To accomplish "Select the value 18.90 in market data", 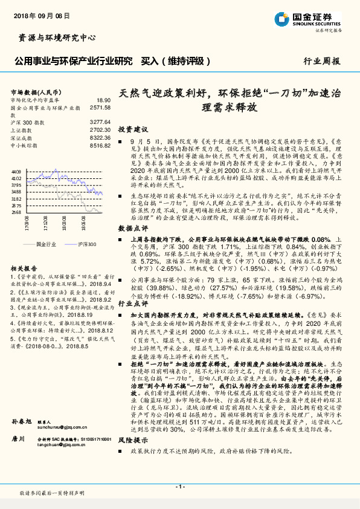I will click(104, 100).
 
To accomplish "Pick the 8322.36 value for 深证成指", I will click(100, 137).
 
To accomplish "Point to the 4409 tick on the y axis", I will click(16, 172).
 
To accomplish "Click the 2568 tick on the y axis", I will click(16, 212).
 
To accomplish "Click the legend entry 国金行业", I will click(45, 243).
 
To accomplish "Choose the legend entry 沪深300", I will click(86, 243).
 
